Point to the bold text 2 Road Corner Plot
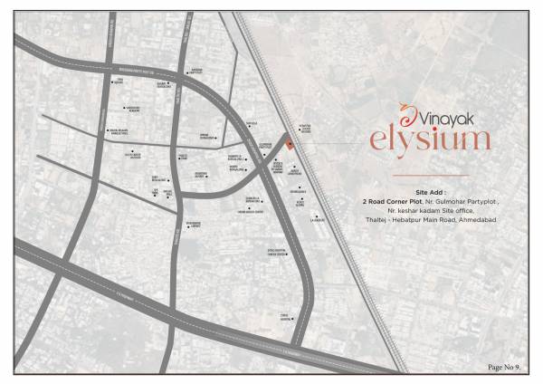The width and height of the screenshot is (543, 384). click(x=390, y=201)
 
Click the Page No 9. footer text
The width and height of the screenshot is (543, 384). click(x=503, y=366)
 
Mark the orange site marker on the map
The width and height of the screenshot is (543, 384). click(x=289, y=144)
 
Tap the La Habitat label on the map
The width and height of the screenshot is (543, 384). click(x=316, y=218)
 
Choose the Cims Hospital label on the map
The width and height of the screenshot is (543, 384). click(x=285, y=316)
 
